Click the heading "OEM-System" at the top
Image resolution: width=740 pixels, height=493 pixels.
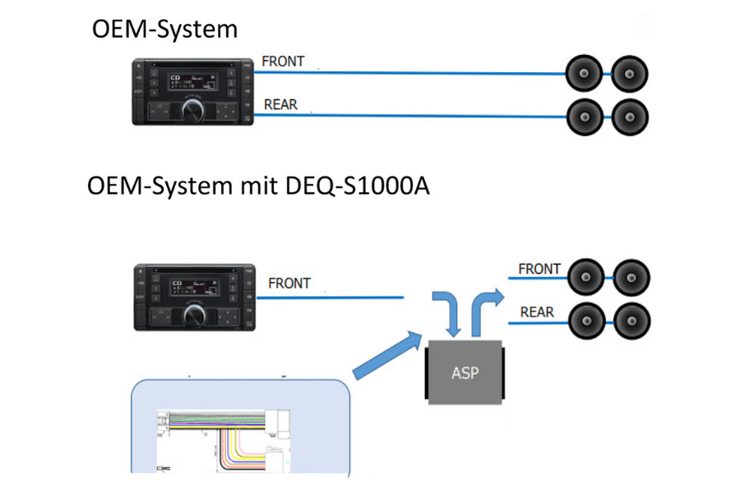coord(164,30)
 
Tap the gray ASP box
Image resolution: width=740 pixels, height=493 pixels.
coord(465,372)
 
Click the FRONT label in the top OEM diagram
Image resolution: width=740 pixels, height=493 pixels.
coord(283,62)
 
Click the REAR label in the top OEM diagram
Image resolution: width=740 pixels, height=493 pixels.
coord(280,105)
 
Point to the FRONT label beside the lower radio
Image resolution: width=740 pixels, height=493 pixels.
coord(289,283)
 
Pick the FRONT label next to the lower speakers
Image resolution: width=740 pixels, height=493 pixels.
coord(539,269)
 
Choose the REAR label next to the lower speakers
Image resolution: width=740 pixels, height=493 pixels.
coord(537,312)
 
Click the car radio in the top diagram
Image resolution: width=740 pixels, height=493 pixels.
coord(191,91)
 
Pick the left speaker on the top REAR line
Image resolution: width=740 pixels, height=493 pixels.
coord(585,116)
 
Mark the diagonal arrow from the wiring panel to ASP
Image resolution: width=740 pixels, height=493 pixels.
coord(385,353)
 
